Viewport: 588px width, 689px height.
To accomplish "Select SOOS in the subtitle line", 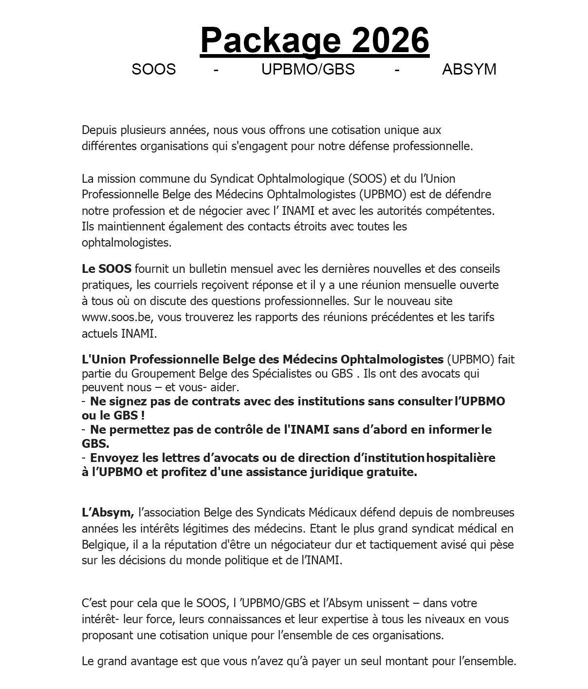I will pos(153,69).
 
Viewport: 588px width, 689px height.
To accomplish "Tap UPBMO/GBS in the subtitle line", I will pos(308,69).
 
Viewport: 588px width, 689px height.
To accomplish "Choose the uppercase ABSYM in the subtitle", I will pos(469,69).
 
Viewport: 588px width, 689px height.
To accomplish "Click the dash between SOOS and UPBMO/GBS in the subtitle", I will pos(216,70).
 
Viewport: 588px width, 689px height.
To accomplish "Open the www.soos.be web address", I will pos(117,317).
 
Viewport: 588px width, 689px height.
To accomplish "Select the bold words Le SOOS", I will pos(107,269).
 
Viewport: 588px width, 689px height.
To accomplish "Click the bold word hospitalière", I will pos(461,458).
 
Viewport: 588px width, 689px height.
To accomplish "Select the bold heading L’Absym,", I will pos(108,513).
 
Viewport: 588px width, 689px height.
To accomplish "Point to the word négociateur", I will pos(272,544).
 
